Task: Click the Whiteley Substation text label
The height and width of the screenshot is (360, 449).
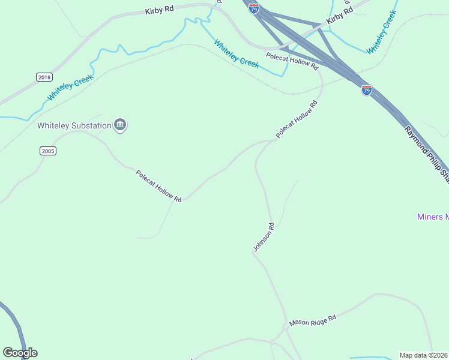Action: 74,125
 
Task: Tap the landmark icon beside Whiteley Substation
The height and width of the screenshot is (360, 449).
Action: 120,125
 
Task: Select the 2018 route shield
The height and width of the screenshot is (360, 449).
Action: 44,77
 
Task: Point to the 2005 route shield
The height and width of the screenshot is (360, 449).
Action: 48,151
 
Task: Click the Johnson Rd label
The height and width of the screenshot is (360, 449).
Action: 264,237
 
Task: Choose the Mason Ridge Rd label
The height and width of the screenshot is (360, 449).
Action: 312,322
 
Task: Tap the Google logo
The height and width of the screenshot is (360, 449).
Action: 20,353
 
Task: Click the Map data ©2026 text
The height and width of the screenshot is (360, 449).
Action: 424,355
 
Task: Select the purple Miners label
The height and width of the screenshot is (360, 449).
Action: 433,217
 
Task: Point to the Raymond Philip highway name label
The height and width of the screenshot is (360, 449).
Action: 426,153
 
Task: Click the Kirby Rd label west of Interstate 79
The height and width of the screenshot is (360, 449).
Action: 159,11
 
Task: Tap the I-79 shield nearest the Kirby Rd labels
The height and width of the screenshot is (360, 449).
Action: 255,9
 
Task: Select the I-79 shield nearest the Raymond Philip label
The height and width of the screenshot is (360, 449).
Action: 367,90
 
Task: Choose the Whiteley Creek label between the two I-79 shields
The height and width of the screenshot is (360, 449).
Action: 237,54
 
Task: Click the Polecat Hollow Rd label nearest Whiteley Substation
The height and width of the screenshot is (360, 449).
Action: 158,186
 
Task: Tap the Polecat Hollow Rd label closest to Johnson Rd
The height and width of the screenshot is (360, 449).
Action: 296,120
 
